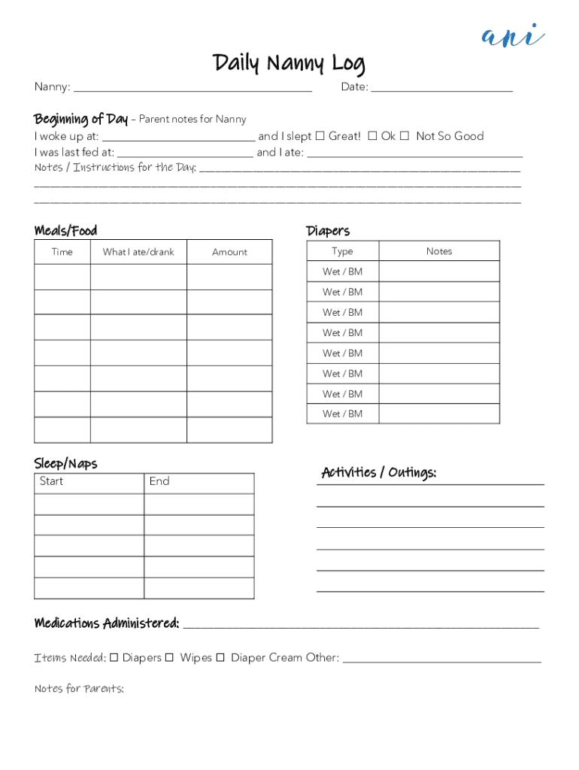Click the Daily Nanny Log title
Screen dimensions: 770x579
[289, 63]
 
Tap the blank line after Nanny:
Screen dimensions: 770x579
[192, 88]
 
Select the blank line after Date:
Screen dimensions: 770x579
[441, 88]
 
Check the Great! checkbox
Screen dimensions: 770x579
[320, 136]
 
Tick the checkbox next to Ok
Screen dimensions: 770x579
[372, 136]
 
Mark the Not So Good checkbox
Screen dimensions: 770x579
[405, 136]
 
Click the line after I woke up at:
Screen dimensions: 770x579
[178, 138]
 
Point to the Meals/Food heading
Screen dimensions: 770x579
[65, 231]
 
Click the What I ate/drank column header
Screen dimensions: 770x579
[138, 253]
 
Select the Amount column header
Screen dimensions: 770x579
[229, 253]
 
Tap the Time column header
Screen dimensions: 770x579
[62, 253]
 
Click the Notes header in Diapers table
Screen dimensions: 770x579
[439, 251]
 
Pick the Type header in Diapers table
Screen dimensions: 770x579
[342, 251]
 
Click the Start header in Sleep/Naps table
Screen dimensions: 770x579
[52, 482]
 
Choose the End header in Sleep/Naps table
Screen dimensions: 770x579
[159, 482]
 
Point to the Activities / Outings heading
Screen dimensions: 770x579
[379, 473]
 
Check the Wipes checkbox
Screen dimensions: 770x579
[169, 658]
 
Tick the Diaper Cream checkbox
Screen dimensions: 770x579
[220, 658]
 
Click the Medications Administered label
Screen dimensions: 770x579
[107, 623]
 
